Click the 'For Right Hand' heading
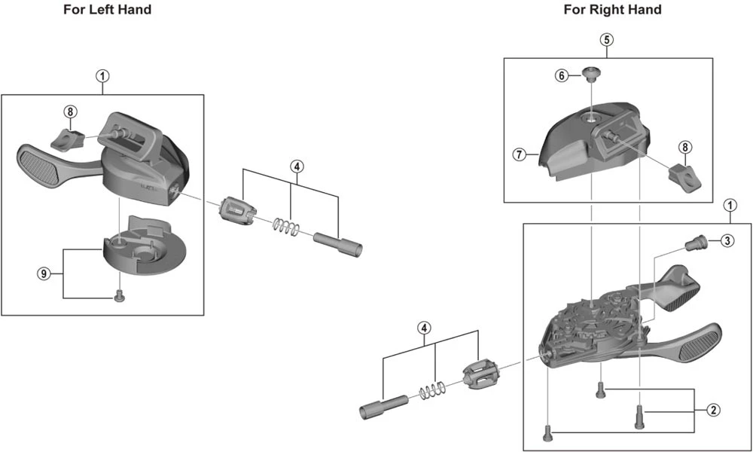[612, 10]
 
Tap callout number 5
[607, 40]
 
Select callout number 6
[562, 75]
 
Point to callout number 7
[519, 154]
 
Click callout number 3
[726, 240]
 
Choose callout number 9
[44, 273]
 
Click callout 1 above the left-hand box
[102, 75]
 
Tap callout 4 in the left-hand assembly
[297, 166]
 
